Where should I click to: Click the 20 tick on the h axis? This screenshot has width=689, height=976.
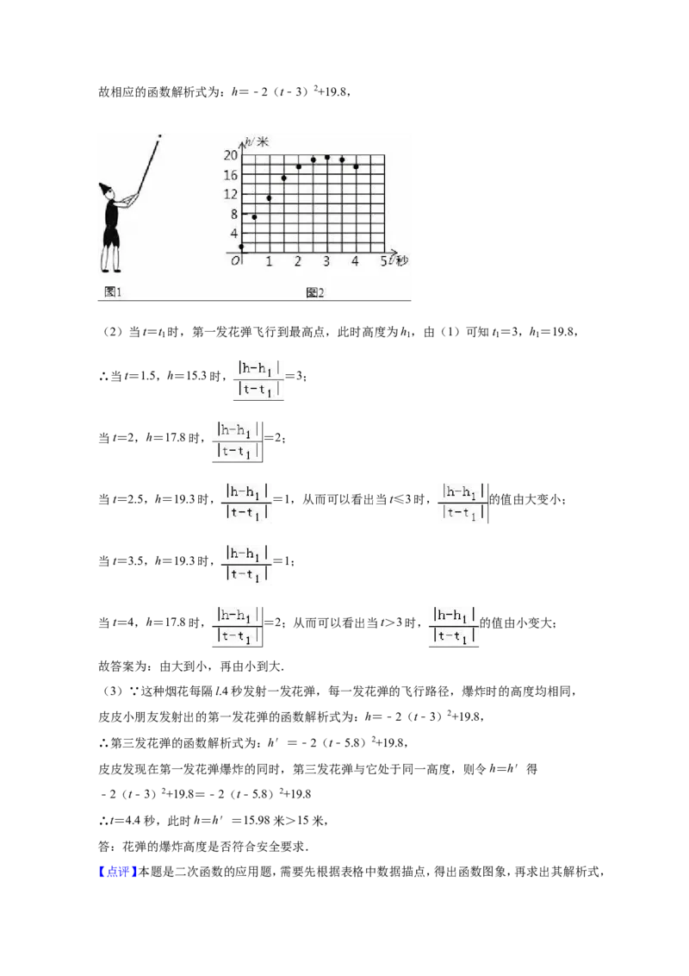pyautogui.click(x=231, y=155)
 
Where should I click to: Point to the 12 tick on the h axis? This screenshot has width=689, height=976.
pyautogui.click(x=231, y=194)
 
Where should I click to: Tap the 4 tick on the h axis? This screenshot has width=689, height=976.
pyautogui.click(x=234, y=234)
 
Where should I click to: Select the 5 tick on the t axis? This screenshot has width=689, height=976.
pyautogui.click(x=383, y=261)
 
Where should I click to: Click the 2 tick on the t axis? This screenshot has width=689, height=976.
pyautogui.click(x=298, y=261)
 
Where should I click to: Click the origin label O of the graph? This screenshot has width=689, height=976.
pyautogui.click(x=235, y=260)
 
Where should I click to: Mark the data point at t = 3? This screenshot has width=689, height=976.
pyautogui.click(x=327, y=158)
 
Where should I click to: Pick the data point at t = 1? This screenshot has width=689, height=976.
pyautogui.click(x=270, y=198)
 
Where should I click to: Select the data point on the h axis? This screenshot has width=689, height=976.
pyautogui.click(x=241, y=247)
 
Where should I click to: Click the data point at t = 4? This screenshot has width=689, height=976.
pyautogui.click(x=356, y=166)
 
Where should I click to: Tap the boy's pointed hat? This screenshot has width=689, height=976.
pyautogui.click(x=105, y=189)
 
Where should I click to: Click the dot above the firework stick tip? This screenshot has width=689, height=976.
pyautogui.click(x=160, y=135)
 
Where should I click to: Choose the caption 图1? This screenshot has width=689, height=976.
pyautogui.click(x=113, y=291)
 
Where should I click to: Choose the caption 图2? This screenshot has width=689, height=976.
pyautogui.click(x=315, y=292)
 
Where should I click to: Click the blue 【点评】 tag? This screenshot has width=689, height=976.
pyautogui.click(x=117, y=872)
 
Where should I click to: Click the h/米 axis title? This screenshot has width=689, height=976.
pyautogui.click(x=257, y=142)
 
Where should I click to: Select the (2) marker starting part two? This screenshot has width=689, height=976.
pyautogui.click(x=113, y=333)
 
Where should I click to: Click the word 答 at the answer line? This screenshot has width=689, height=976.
pyautogui.click(x=104, y=847)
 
